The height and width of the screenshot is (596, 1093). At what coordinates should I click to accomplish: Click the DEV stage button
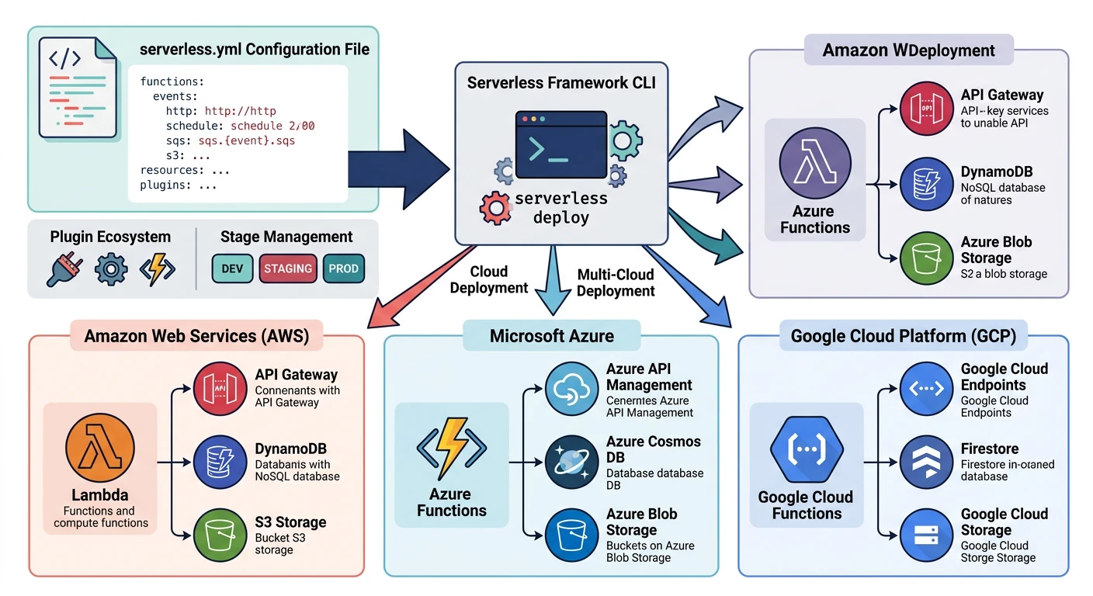click(x=232, y=269)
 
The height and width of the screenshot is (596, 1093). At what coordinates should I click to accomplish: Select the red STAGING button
click(x=287, y=269)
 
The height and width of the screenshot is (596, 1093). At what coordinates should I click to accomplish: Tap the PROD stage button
click(x=343, y=269)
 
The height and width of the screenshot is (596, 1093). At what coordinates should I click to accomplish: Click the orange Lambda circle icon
click(x=101, y=449)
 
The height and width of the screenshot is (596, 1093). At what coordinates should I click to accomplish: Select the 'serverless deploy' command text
click(x=560, y=207)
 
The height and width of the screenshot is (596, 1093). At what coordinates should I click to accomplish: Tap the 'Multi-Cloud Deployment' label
click(x=616, y=283)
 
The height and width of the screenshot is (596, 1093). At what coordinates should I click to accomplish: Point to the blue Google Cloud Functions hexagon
click(x=807, y=449)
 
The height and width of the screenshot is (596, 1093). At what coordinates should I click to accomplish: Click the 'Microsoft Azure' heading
click(x=551, y=336)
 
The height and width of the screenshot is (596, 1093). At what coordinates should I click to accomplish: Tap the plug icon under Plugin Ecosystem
click(x=65, y=269)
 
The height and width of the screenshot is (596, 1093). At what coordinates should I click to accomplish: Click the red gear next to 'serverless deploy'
click(x=495, y=208)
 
